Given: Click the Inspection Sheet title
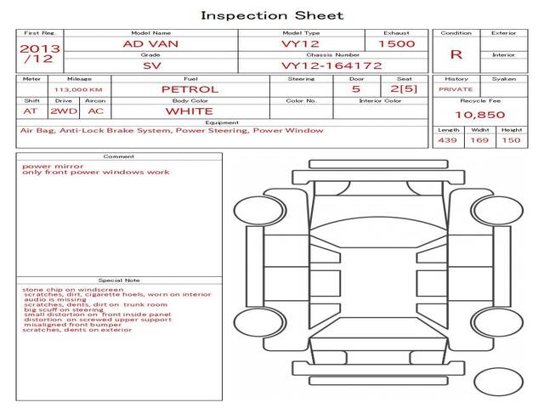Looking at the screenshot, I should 272,15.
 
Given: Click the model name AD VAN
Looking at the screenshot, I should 151,43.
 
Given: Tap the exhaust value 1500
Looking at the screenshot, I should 396,43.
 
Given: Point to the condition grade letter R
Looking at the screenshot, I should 456,54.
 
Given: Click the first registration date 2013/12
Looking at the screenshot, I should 39,54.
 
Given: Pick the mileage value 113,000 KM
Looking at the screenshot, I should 78,88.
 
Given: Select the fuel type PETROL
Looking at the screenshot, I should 190,88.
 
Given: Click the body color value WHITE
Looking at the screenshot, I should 189,110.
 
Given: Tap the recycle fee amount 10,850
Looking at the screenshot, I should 480,114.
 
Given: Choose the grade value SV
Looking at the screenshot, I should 151,65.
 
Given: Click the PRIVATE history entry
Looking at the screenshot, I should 456,88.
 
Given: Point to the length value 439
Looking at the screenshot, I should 448,140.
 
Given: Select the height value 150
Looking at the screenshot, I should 511,140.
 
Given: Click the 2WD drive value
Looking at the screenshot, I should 61,110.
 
